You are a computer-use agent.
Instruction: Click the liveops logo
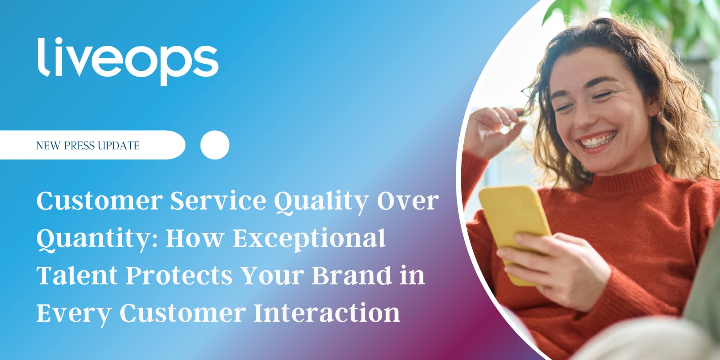pyautogui.click(x=128, y=61)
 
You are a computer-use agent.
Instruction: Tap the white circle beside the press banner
pyautogui.click(x=215, y=145)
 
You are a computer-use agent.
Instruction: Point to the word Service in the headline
pyautogui.click(x=218, y=201)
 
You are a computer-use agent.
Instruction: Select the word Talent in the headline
pyautogui.click(x=77, y=275)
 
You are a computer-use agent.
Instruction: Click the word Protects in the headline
pyautogui.click(x=179, y=275)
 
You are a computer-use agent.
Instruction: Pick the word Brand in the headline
pyautogui.click(x=352, y=275)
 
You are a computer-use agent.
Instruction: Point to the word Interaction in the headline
pyautogui.click(x=327, y=312)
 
